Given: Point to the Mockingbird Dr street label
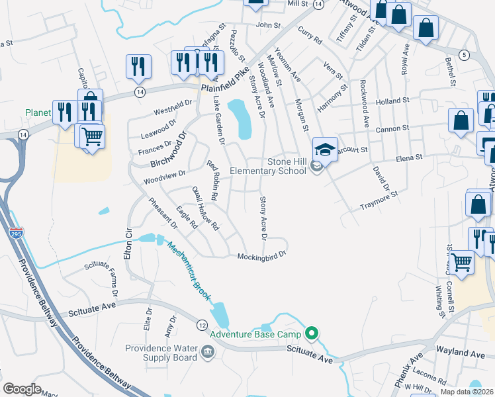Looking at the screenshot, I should [261, 254].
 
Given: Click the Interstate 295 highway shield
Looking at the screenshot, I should [16, 233].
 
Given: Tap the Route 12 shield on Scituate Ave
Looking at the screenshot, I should [202, 324].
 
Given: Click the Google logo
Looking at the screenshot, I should [22, 388].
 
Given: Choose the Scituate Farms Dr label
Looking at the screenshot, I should [101, 278].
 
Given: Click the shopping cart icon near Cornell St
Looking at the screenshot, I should [461, 262].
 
